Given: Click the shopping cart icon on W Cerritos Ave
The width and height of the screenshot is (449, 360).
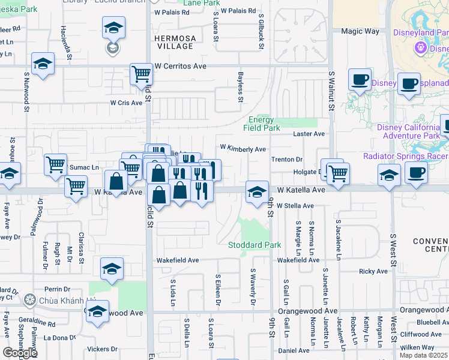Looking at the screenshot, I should (140, 74).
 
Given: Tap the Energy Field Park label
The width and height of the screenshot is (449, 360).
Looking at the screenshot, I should (262, 124).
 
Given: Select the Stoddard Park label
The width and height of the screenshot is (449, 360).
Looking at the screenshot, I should (255, 245).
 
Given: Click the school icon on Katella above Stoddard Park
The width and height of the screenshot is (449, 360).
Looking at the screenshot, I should (257, 192).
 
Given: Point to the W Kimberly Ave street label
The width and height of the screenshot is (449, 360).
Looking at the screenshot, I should (243, 148).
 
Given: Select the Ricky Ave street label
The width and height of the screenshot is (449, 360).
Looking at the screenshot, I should (373, 271).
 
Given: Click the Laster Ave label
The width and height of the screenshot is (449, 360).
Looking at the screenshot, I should (309, 134).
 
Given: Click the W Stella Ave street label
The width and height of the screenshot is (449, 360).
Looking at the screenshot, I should (295, 206).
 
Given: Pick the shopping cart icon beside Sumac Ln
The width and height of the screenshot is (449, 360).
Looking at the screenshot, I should (55, 164).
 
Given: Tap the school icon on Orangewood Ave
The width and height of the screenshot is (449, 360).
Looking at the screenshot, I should (97, 311).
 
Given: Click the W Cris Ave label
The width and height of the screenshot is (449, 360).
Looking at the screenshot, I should (126, 103).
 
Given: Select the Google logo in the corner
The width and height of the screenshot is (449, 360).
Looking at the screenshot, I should (20, 353).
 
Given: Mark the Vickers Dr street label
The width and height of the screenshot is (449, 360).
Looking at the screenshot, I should (102, 349).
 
